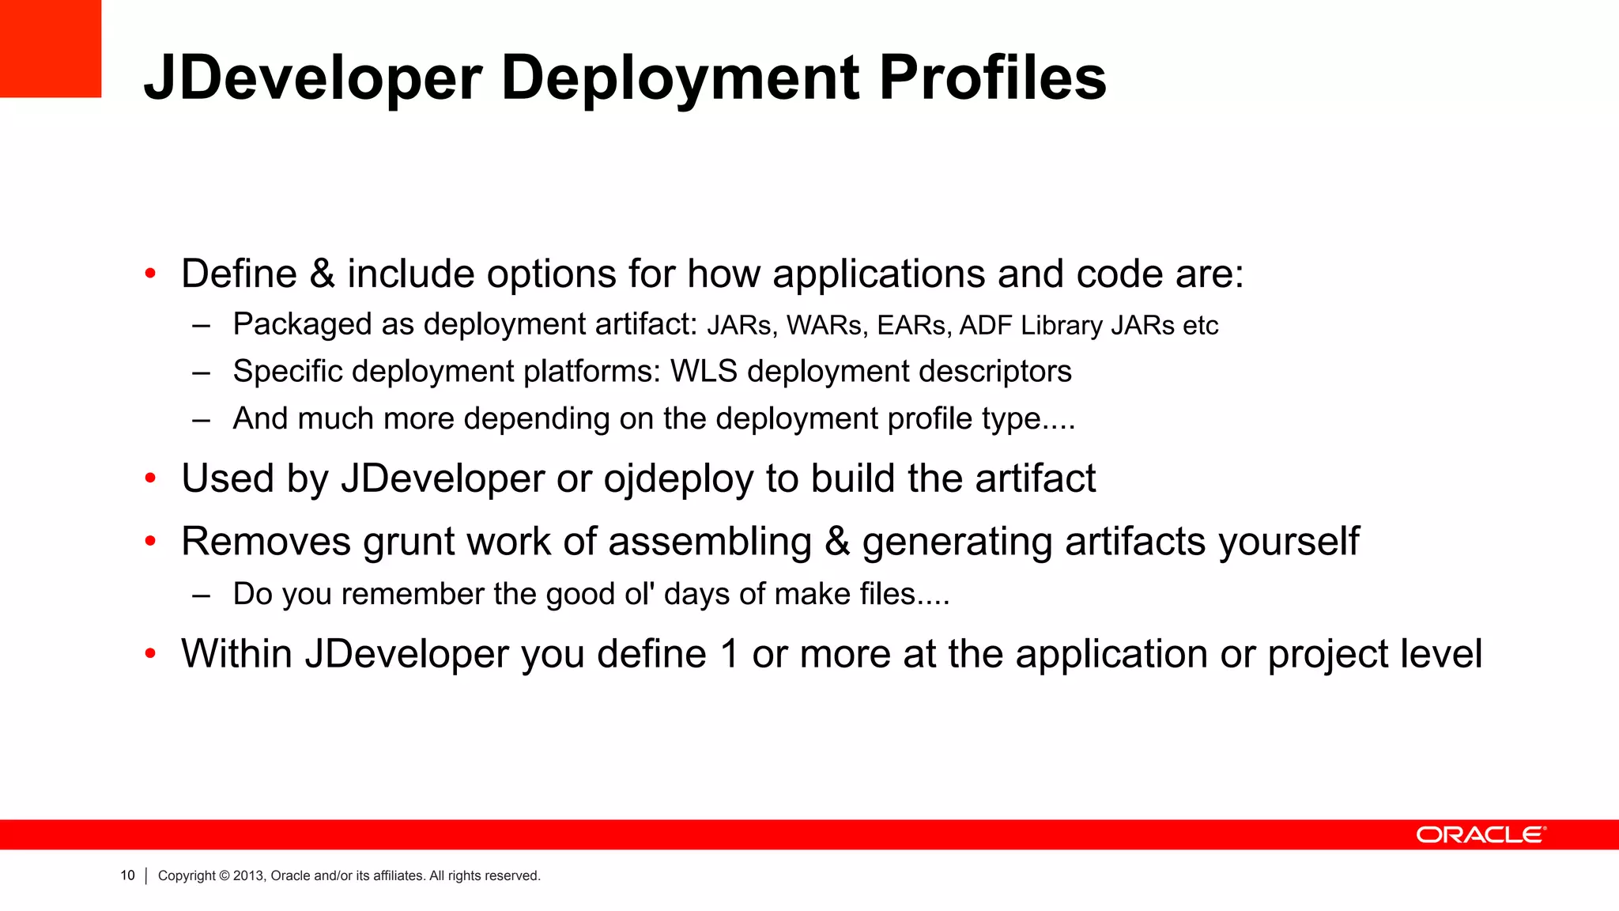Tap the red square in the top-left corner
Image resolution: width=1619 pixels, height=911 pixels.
tap(51, 48)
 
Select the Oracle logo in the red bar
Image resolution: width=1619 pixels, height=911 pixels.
tap(1481, 835)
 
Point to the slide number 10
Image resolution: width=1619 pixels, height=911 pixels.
tap(127, 875)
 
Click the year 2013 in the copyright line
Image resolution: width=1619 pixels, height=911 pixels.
tap(247, 875)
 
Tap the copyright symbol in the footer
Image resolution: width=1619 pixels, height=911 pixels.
tap(224, 875)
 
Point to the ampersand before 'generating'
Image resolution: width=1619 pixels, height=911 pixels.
tap(837, 542)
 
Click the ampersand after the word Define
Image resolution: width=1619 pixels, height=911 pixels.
tap(323, 274)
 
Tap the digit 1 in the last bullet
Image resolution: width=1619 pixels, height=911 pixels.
tap(729, 654)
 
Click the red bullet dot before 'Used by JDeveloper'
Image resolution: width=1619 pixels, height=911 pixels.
tap(150, 478)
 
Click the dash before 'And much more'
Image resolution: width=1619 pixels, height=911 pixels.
tap(201, 419)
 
